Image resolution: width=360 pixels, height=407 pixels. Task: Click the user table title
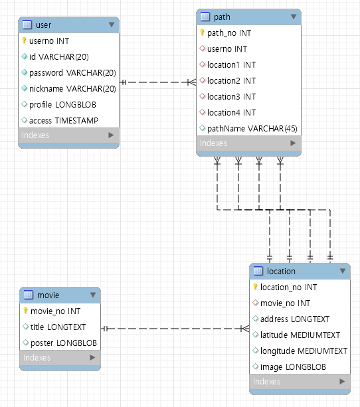click(x=43, y=25)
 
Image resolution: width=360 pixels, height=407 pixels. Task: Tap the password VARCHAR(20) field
click(x=72, y=72)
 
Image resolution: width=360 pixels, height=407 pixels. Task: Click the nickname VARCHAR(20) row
click(x=72, y=88)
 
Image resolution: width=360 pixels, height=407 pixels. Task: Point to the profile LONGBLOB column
click(x=63, y=104)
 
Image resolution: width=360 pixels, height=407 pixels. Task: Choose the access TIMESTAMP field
click(x=64, y=120)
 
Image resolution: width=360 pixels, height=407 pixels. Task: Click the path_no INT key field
click(x=229, y=33)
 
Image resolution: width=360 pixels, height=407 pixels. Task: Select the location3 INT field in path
click(x=231, y=96)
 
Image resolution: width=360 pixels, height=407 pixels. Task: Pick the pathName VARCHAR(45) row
click(x=252, y=128)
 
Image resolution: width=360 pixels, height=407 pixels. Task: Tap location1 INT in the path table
click(x=231, y=64)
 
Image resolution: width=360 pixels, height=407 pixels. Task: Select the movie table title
click(x=48, y=295)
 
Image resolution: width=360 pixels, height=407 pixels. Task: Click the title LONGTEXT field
click(x=66, y=327)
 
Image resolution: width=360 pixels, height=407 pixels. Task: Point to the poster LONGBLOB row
click(x=68, y=343)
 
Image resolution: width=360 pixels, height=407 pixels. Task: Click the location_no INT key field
click(x=288, y=287)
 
